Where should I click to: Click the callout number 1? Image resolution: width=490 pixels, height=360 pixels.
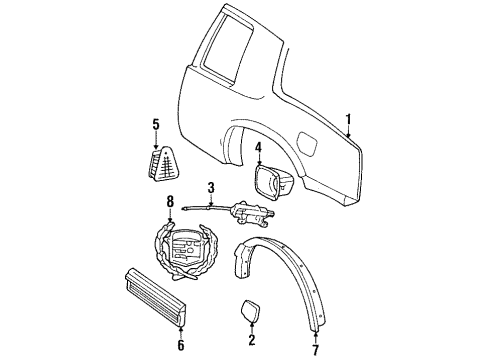349,124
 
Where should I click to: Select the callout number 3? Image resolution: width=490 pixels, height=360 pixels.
211,187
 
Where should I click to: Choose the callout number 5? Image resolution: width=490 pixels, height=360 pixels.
155,125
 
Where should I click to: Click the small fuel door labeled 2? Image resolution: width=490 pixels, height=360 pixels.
251,311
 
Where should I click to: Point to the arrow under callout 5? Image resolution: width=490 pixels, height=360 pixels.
155,139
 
